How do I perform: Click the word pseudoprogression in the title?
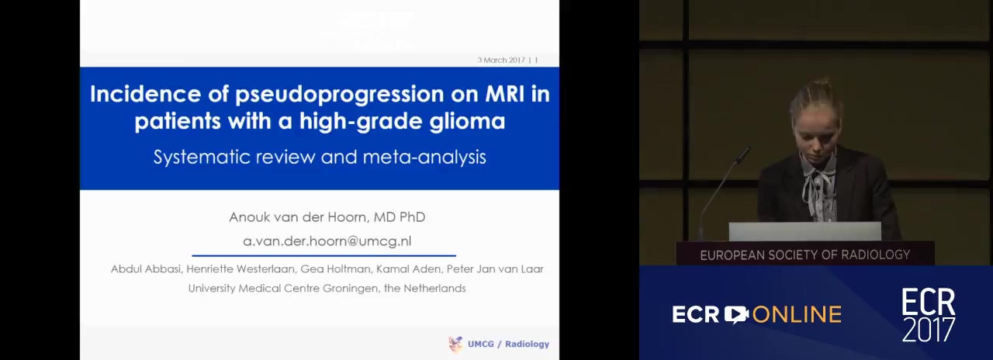click(x=340, y=95)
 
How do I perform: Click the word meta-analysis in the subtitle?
click(x=424, y=157)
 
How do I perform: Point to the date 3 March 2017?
click(x=501, y=60)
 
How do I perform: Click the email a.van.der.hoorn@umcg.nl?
click(x=327, y=241)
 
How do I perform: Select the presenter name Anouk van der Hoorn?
click(x=298, y=216)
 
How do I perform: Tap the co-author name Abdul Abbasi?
click(x=146, y=268)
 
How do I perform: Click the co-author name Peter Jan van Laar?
click(x=495, y=268)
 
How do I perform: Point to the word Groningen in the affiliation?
click(x=350, y=288)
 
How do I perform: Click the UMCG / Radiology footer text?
click(x=508, y=344)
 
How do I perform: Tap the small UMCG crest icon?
click(x=455, y=344)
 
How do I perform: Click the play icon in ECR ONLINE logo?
click(x=736, y=314)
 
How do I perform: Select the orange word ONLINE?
click(x=797, y=315)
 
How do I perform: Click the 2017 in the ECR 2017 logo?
click(x=929, y=329)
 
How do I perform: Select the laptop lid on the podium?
click(x=804, y=231)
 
